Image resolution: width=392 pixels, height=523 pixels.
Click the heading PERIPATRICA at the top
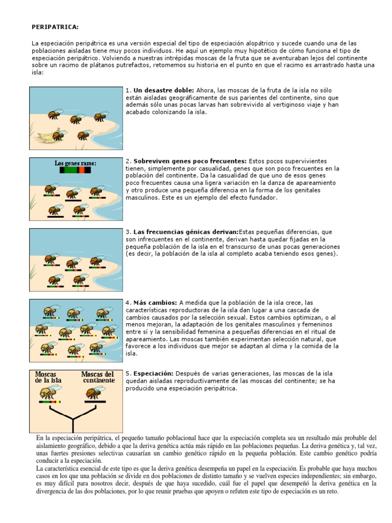pyautogui.click(x=56, y=27)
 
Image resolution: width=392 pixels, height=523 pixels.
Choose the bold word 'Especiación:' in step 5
pyautogui.click(x=154, y=374)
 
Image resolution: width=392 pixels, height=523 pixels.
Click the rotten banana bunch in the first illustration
pyautogui.click(x=49, y=135)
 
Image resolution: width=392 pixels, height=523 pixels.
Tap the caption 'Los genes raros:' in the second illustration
pyautogui.click(x=76, y=163)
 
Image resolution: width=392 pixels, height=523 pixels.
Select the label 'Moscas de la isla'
pyautogui.click(x=46, y=377)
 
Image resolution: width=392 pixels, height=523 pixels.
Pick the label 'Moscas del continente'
pyautogui.click(x=98, y=377)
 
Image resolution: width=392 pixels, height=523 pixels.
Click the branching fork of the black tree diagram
pyautogui.click(x=73, y=420)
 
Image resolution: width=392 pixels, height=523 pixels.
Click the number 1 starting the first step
pyautogui.click(x=127, y=90)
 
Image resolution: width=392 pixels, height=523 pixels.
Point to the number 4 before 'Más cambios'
pyautogui.click(x=127, y=303)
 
